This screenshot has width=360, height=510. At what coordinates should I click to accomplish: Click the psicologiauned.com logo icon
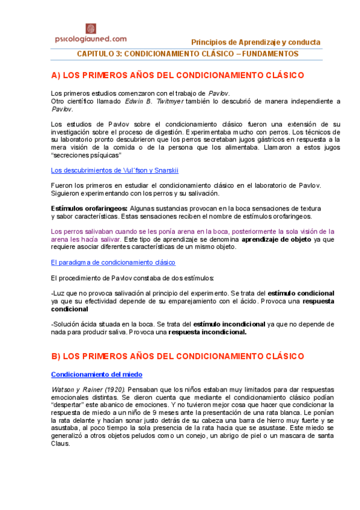coord(91,28)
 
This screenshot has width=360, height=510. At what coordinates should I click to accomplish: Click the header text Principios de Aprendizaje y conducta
coord(255,43)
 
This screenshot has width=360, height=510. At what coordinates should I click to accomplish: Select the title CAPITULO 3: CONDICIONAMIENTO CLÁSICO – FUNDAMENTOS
coord(188,54)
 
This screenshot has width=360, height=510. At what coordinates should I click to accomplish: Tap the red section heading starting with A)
coord(178,76)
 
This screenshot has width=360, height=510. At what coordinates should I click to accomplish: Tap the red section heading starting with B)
coord(177,356)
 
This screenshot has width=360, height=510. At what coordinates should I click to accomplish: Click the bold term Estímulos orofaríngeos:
coord(89,208)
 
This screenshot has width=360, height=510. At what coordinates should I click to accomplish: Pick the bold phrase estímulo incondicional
coord(229,324)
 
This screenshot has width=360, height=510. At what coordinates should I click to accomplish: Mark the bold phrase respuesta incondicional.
coord(207,332)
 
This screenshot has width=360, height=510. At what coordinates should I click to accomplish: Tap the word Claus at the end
coord(61,444)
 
